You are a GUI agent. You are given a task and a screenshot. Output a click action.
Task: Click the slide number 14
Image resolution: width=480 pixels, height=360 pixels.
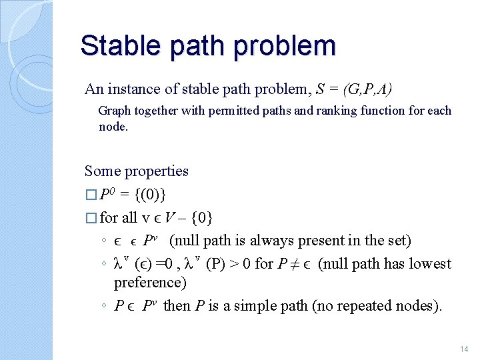point(464,349)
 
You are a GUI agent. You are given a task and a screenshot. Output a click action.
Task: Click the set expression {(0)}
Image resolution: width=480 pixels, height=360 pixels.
point(151,195)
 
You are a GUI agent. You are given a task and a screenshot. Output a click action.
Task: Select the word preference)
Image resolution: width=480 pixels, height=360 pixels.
point(150,283)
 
